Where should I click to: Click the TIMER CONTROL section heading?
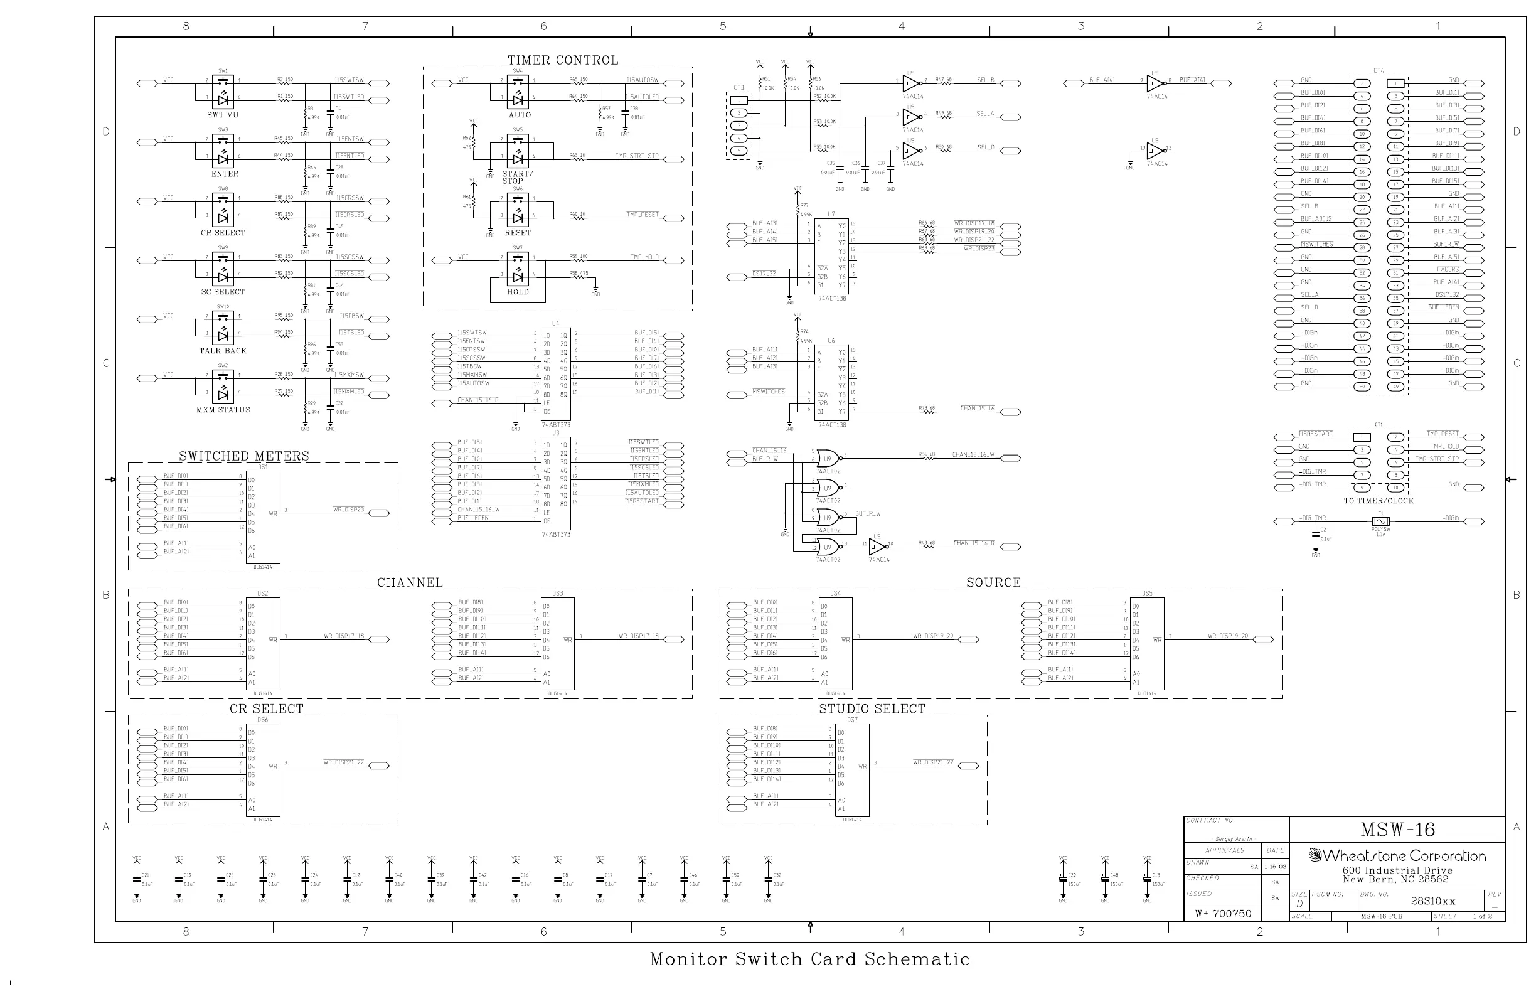click(563, 60)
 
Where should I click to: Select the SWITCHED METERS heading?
click(244, 456)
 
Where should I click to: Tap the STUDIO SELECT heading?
click(872, 708)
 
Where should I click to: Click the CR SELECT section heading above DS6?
click(266, 708)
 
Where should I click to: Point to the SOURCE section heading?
click(993, 582)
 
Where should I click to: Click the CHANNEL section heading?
click(410, 582)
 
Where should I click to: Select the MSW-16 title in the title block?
click(1397, 830)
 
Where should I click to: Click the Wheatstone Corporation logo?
click(1397, 856)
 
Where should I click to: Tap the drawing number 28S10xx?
click(1432, 901)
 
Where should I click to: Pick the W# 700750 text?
click(1223, 913)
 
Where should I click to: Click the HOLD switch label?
click(518, 292)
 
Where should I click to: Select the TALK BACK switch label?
click(223, 351)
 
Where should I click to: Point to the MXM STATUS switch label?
click(223, 410)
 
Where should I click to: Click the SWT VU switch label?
click(223, 115)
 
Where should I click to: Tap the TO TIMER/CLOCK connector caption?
click(1379, 501)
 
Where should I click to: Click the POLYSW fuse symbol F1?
click(1380, 521)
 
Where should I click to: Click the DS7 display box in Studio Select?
click(852, 769)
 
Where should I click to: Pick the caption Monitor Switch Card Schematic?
click(809, 959)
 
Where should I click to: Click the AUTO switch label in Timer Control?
click(520, 115)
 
